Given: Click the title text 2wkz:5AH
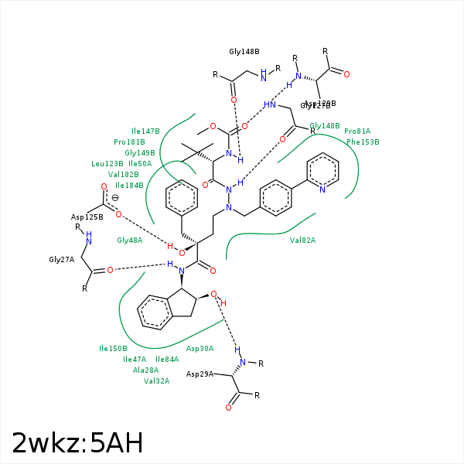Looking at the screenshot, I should coord(77,443).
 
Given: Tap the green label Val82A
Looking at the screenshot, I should coord(302,241).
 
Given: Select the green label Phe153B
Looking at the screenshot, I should coord(363,142).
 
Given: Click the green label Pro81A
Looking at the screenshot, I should coord(357,131).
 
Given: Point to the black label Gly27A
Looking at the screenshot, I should coord(61,260).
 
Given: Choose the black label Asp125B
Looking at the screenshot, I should coord(87,217).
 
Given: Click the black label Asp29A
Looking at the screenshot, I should coord(200,374).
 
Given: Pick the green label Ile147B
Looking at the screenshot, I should coord(145,131).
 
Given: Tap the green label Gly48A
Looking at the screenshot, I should coord(129,241).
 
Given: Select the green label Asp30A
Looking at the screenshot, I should coord(200,349).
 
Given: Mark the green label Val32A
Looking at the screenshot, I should coord(156,380).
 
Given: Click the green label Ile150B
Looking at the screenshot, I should coord(113,349).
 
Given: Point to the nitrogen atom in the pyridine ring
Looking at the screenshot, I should coord(323,188).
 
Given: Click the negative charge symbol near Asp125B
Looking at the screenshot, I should coord(115,198).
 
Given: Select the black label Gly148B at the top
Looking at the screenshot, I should coord(244,52).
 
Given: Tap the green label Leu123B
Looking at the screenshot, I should coord(107,164).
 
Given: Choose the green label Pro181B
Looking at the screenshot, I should coord(129,142).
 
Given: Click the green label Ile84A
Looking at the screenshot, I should coord(167,360).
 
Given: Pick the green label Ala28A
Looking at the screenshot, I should coord(145,370).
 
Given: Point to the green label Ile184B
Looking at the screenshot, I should coord(129,186).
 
